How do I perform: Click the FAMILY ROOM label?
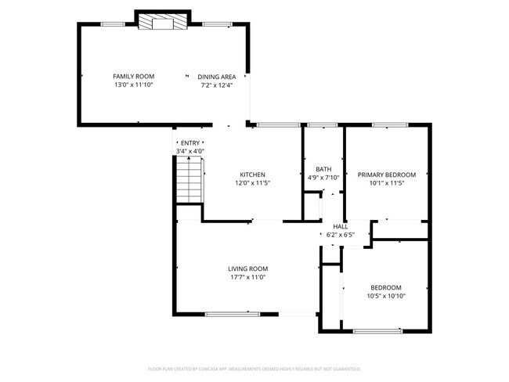(x=132, y=76)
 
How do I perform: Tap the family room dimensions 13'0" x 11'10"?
(x=132, y=85)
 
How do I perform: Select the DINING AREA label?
(x=217, y=76)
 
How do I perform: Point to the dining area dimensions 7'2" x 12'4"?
(x=217, y=85)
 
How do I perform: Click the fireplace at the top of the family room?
(x=163, y=23)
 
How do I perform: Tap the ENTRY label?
(x=190, y=142)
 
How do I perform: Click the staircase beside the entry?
(x=188, y=178)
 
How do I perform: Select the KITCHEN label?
(x=252, y=175)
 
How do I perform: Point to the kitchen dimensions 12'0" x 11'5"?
(x=252, y=183)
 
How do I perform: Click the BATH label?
(x=323, y=169)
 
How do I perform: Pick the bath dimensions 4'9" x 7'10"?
(x=323, y=178)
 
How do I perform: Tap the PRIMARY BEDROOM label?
(x=386, y=175)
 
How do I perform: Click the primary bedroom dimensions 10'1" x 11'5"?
(x=386, y=183)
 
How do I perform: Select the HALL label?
(x=340, y=226)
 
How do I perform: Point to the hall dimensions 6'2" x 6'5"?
(x=340, y=234)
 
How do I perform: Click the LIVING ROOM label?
(x=247, y=268)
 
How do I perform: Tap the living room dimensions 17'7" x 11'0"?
(x=247, y=277)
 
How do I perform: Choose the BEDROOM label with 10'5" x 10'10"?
(x=386, y=287)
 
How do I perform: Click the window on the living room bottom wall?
(x=232, y=315)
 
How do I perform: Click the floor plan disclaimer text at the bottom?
(x=254, y=368)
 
